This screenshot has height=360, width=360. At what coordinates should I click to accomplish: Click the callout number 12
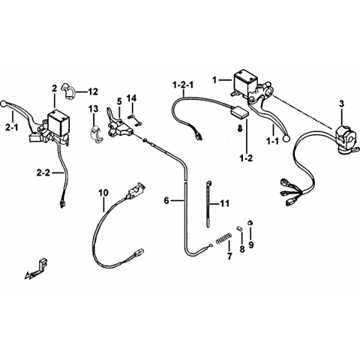[x=93, y=91]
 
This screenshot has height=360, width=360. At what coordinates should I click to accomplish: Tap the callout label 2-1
[x=11, y=128]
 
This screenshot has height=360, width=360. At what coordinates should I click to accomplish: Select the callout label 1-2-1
[x=183, y=85]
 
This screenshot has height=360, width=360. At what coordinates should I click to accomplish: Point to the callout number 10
[x=103, y=193]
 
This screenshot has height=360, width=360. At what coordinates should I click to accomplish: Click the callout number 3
[x=342, y=104]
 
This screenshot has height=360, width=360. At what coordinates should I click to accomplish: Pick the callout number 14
[x=132, y=98]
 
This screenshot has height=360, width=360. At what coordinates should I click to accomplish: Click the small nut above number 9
[x=250, y=223]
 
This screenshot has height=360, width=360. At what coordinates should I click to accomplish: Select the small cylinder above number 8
[x=240, y=229]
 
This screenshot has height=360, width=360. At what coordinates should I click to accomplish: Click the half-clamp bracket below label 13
[x=96, y=135]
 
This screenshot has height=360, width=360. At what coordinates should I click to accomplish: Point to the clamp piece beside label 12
[x=67, y=90]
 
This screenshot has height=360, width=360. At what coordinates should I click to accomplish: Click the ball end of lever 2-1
[x=4, y=103]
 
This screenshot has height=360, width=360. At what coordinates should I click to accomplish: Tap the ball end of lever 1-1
[x=286, y=137]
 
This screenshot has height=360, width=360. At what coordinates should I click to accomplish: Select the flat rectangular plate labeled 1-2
[x=239, y=112]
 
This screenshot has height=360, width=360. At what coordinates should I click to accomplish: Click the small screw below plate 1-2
[x=240, y=128]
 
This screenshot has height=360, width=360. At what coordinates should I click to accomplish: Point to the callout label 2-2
[x=43, y=173]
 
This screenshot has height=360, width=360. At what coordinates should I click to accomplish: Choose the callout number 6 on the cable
[x=166, y=200]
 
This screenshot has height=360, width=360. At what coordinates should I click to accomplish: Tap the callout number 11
[x=224, y=204]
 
